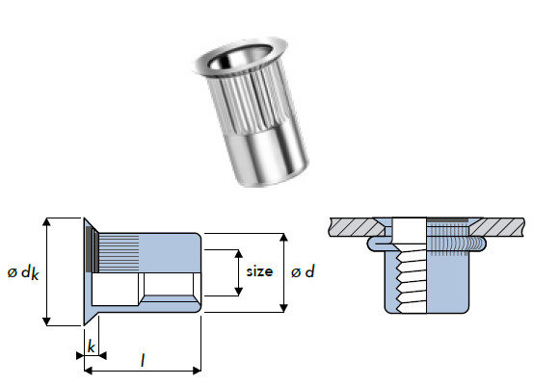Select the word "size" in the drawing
tap(260, 272)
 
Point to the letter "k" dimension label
tap(91, 344)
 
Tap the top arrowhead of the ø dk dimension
tap(45, 222)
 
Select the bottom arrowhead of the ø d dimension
tap(282, 307)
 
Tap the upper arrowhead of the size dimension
tap(238, 253)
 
